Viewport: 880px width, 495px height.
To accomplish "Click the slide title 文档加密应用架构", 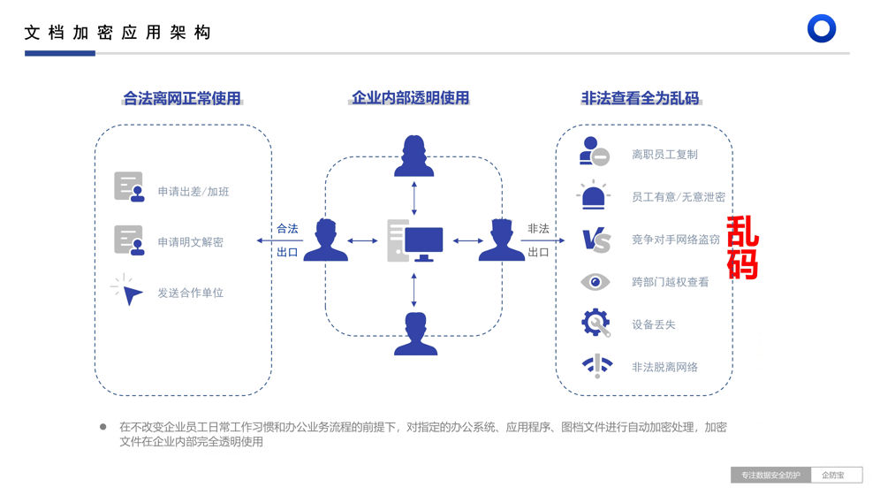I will pyautogui.click(x=118, y=33).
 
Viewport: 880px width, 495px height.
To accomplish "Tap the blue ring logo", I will pyautogui.click(x=822, y=28).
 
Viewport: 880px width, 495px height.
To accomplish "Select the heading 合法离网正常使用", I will pyautogui.click(x=182, y=98).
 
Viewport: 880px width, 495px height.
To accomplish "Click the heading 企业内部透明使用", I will pyautogui.click(x=411, y=98).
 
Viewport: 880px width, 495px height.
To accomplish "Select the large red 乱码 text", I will pyautogui.click(x=742, y=248).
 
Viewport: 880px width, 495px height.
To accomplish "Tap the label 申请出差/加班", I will pyautogui.click(x=194, y=192).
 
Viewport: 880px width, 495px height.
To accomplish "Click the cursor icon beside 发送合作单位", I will pyautogui.click(x=130, y=292).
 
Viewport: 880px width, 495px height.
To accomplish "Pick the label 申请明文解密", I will pyautogui.click(x=191, y=242).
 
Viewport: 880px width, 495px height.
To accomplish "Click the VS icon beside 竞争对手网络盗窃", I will pyautogui.click(x=596, y=240).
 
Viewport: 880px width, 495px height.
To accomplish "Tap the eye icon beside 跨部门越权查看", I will pyautogui.click(x=596, y=282).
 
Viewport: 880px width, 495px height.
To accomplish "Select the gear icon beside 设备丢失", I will pyautogui.click(x=596, y=323).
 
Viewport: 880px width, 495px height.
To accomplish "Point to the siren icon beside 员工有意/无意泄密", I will pyautogui.click(x=594, y=196).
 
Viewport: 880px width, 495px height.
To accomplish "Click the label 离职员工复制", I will pyautogui.click(x=664, y=155).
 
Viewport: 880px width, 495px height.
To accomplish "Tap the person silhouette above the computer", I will pyautogui.click(x=414, y=156).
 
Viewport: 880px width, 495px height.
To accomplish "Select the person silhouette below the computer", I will pyautogui.click(x=415, y=334).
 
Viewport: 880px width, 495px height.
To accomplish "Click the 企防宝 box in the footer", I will pyautogui.click(x=836, y=476).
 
